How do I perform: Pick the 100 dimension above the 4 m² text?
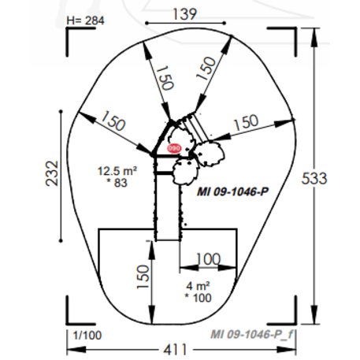click(x=208, y=259)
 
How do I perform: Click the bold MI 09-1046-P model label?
click(x=232, y=192)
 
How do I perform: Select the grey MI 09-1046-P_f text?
click(x=253, y=332)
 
